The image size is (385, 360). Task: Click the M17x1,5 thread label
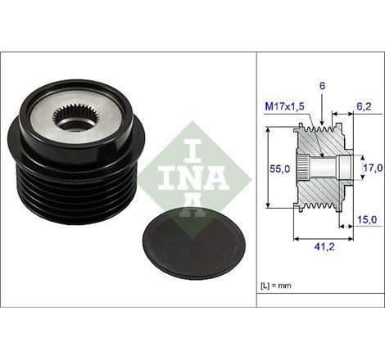point(285,106)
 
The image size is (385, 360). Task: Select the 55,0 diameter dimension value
point(279,169)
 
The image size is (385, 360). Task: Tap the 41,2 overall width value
point(324,247)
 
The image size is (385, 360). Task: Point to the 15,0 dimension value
point(367,219)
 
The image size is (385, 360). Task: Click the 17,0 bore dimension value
point(374,168)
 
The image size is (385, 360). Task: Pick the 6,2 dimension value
point(365,106)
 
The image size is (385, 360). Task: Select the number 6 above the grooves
point(323,86)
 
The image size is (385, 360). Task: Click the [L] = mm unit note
point(276,286)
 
